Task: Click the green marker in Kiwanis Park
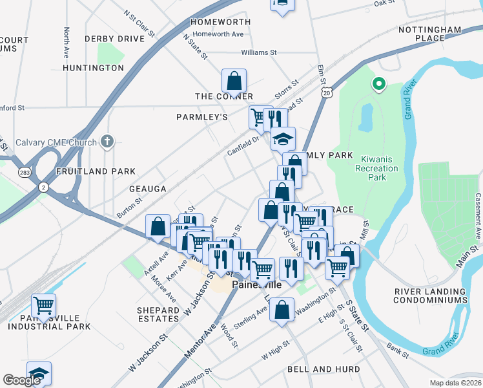(379, 84)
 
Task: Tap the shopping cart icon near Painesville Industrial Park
(43, 305)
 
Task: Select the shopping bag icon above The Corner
(234, 81)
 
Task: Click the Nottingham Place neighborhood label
(430, 34)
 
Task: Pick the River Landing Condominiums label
(431, 296)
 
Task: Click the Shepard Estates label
(158, 314)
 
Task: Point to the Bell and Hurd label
(314, 369)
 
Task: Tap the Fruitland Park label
(96, 171)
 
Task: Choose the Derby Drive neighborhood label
(114, 39)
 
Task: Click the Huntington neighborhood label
(94, 67)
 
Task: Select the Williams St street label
(258, 52)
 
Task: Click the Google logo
(21, 380)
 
